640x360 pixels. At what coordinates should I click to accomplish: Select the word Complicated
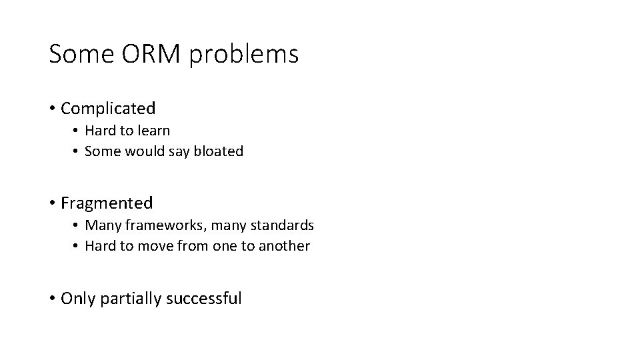click(108, 108)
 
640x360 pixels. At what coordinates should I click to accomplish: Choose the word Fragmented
click(107, 203)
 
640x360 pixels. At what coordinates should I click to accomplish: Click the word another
click(285, 246)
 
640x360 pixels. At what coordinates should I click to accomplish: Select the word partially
click(129, 298)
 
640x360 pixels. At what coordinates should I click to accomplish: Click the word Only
click(78, 298)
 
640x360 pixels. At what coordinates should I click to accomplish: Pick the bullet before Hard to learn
click(77, 131)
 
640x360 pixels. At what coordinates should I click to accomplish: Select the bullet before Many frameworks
click(77, 225)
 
